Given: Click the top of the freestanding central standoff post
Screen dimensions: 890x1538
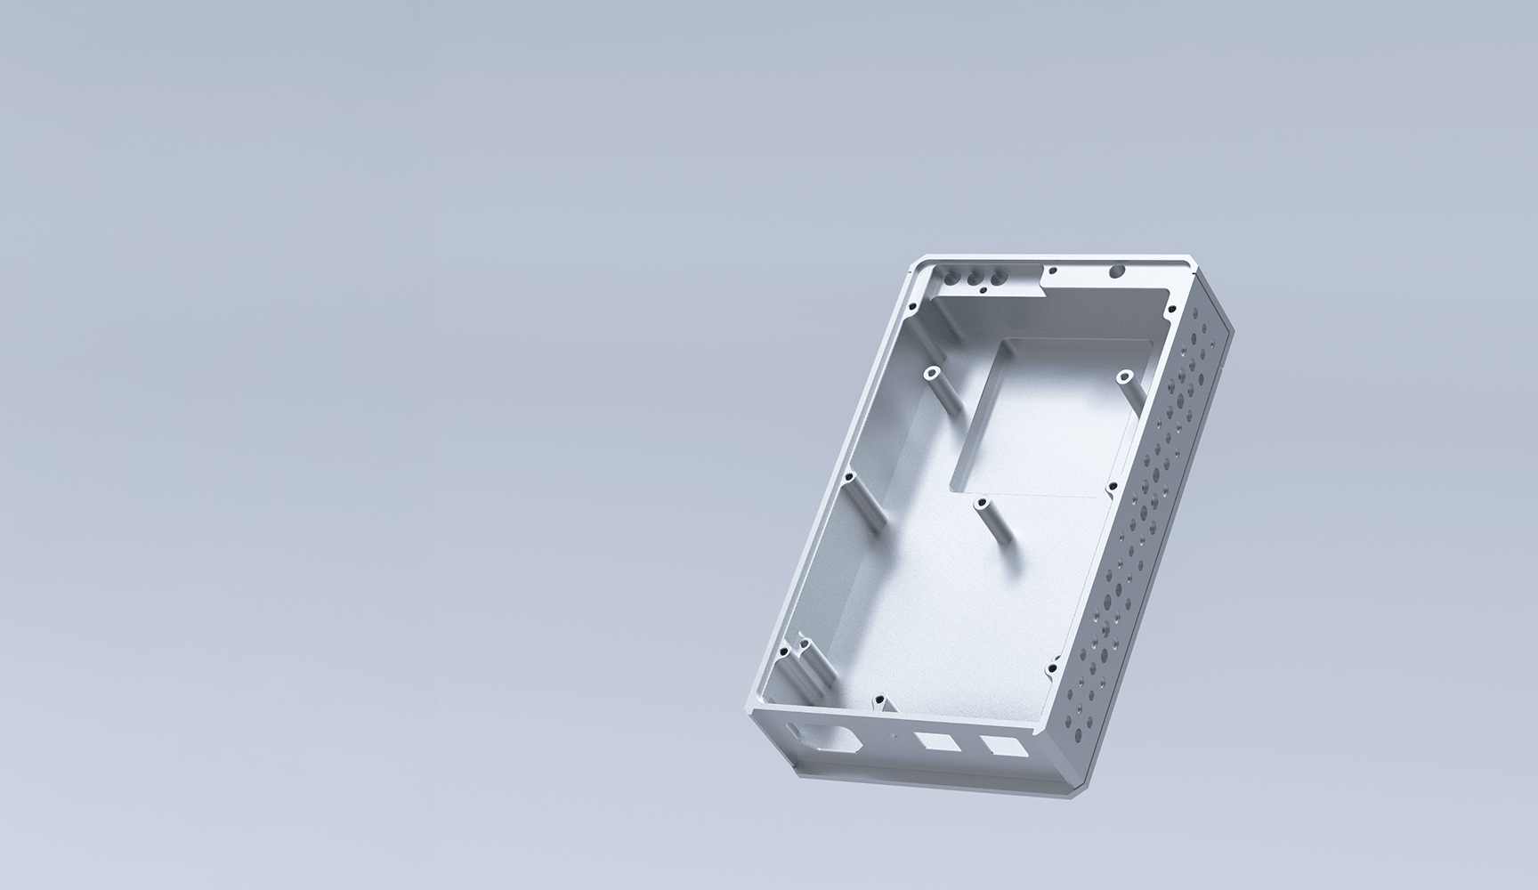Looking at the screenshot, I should click(x=984, y=504).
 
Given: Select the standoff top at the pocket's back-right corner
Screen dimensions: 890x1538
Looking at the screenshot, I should click(x=1124, y=376).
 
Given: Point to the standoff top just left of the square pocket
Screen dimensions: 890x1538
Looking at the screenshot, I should click(x=932, y=372).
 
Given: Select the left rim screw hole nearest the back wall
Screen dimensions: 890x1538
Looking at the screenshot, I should click(x=913, y=306).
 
